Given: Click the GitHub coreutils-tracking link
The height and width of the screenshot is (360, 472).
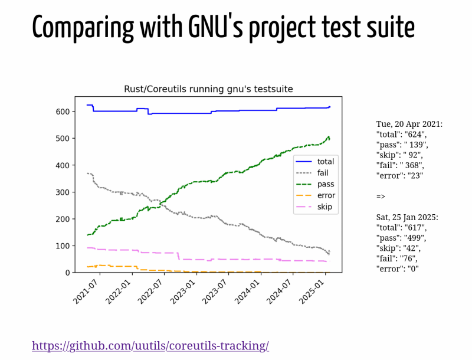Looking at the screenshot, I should coord(150,346).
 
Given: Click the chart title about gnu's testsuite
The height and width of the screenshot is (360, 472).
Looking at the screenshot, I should coord(208,89).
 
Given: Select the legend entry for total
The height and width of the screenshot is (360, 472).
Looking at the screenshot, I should coord(325,161).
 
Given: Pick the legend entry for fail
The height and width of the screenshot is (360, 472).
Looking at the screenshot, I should coord(322,173).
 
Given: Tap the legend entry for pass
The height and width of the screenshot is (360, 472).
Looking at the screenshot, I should coord(325,184).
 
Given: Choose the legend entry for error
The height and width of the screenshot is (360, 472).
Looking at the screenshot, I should coord(326,195).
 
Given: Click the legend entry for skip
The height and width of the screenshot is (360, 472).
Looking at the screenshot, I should coord(324,207).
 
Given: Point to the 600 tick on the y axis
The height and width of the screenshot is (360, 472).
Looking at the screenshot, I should coord(63,112).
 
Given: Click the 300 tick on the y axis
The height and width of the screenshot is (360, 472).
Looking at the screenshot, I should coord(63,192).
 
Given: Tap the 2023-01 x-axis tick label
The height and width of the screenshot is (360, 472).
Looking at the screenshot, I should coord(183,291).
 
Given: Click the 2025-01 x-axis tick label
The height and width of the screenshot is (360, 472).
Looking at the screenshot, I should coord(312,291).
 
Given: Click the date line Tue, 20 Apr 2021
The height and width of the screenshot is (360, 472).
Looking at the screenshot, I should coord(409,124).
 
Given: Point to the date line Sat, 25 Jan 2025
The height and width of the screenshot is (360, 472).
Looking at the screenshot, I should coord(407,217).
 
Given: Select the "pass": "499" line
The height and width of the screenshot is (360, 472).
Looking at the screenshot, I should coord(401,238).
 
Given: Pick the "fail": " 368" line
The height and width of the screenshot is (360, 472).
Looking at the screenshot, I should coord(400,165).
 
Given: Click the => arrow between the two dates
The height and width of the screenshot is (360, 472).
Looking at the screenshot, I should coord(381,196).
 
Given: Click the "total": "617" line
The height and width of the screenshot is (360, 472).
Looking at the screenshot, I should coord(401,227).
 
